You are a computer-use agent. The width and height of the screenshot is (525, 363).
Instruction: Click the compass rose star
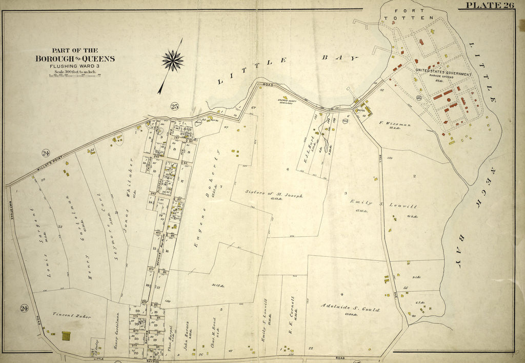(x=173, y=60)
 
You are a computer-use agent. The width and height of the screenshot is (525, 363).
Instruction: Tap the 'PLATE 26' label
(x=490, y=6)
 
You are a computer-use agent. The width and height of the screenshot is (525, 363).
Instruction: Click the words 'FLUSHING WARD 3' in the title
(x=74, y=66)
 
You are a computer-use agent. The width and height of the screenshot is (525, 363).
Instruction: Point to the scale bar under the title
(x=74, y=75)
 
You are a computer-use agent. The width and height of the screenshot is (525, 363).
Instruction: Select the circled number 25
(x=175, y=106)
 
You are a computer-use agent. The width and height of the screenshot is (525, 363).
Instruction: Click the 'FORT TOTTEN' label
(x=409, y=14)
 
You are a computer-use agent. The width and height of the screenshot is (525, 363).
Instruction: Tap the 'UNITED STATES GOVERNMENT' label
(x=443, y=74)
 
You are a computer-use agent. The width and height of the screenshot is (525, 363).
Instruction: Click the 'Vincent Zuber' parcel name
(x=71, y=316)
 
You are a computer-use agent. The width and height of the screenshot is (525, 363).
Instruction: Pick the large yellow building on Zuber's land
(x=66, y=336)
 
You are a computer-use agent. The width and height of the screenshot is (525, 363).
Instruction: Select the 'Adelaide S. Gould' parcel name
(x=351, y=309)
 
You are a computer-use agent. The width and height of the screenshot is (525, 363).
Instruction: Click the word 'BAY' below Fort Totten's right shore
(x=460, y=252)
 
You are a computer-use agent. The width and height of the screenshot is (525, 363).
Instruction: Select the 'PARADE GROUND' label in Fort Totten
(x=439, y=79)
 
